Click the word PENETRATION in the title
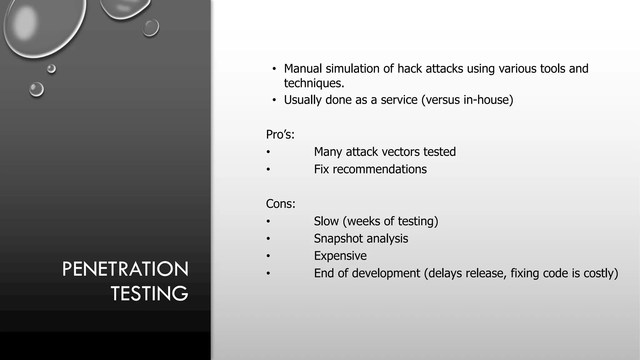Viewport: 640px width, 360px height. point(125,269)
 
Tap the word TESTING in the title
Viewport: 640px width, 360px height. point(149,293)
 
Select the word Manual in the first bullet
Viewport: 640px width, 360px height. point(303,69)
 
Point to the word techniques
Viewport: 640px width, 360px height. point(314,83)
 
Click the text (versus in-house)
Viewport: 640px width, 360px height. point(467,100)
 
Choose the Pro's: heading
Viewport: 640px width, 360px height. point(280,135)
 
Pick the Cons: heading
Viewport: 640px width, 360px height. point(281,204)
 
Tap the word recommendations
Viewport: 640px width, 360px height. point(379,169)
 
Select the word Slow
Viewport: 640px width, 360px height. point(326,221)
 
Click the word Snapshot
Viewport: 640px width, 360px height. point(334,239)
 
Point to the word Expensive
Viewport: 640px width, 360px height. point(340,256)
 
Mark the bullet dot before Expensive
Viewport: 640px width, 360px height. point(268,256)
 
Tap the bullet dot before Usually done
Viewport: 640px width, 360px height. point(274,100)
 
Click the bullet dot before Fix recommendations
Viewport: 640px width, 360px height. point(268,169)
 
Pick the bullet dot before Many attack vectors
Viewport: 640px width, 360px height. point(268,152)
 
